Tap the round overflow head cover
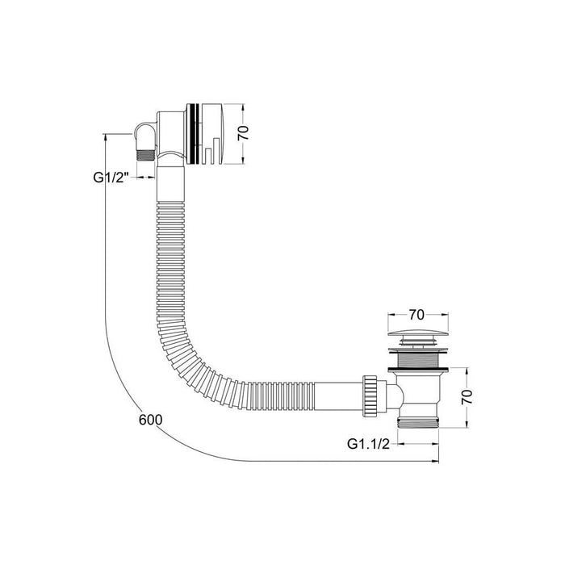click(x=212, y=133)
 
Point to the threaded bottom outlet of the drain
click(x=420, y=425)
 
